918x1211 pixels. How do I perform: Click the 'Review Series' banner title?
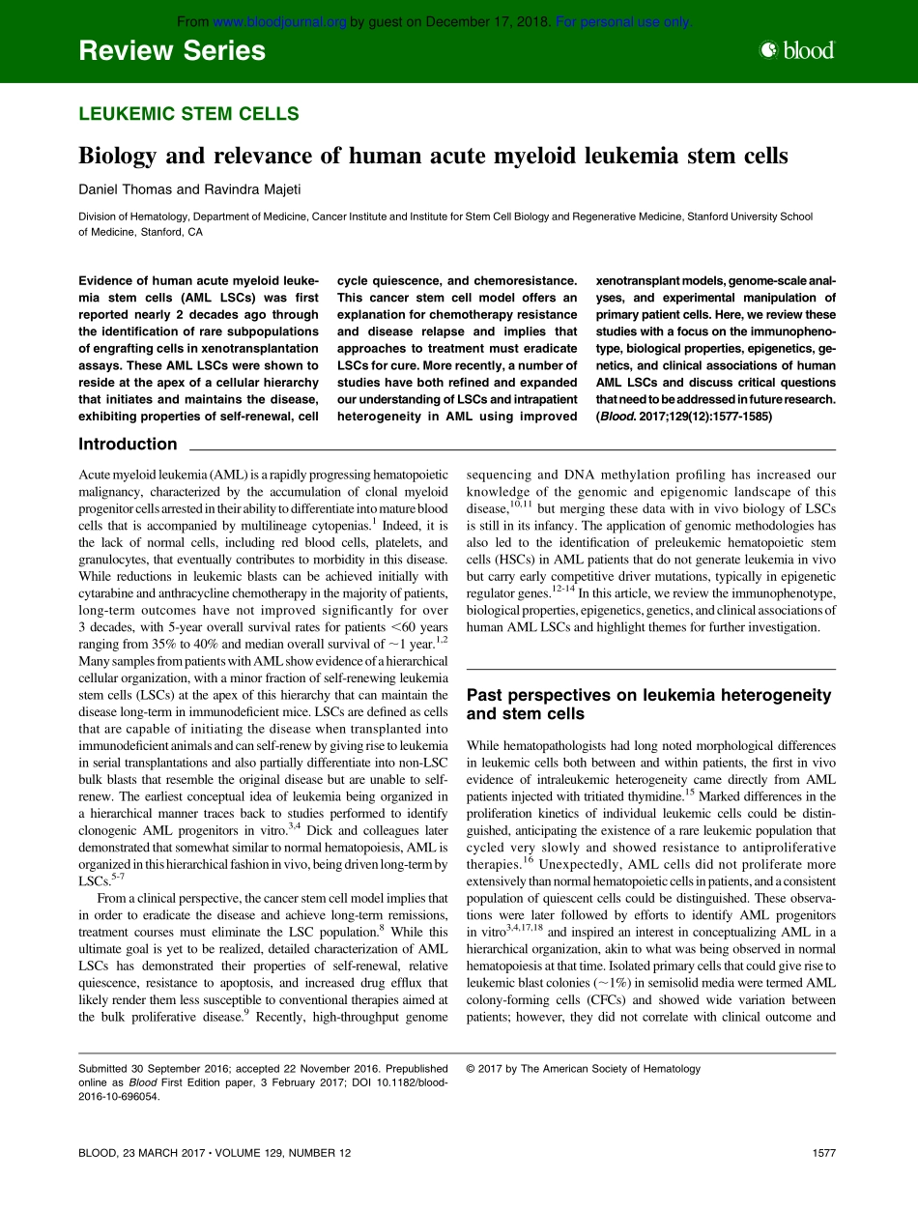pos(172,51)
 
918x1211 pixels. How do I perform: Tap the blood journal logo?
pos(797,51)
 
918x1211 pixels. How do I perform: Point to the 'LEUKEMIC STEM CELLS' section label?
pos(188,114)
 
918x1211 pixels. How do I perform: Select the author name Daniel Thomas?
pos(122,189)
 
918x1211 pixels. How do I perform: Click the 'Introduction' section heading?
pos(128,445)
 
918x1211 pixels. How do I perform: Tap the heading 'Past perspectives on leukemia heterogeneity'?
pos(648,695)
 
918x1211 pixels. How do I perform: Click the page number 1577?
pos(823,1153)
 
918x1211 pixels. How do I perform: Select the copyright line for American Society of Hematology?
pos(584,1069)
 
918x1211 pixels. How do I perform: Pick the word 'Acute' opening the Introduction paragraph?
pos(96,476)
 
